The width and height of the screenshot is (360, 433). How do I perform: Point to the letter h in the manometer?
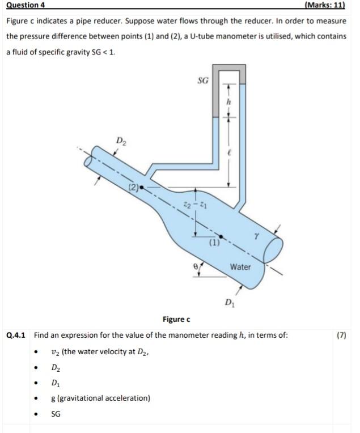(229, 101)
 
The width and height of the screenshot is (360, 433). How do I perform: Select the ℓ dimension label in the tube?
(230, 153)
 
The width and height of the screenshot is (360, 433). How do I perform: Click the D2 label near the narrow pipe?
(121, 140)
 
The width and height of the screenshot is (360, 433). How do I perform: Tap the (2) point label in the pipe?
(133, 185)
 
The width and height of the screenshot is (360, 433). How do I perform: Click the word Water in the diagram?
(240, 266)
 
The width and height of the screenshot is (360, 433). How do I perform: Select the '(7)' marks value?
(341, 335)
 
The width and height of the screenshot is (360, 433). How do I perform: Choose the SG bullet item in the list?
(56, 414)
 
